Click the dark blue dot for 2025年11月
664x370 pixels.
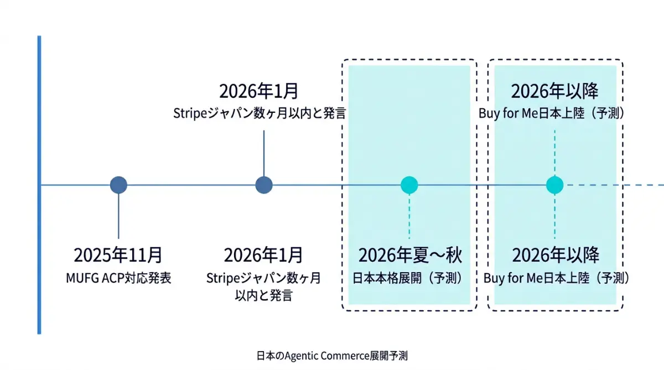click(x=118, y=185)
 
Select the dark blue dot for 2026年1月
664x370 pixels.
click(x=264, y=185)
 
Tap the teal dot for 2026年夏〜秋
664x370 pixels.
click(x=409, y=185)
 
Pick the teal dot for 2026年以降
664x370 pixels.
click(x=554, y=185)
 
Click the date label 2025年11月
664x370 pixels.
click(x=118, y=255)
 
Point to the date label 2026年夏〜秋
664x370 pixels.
click(x=409, y=255)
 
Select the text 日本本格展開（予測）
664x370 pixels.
click(x=409, y=278)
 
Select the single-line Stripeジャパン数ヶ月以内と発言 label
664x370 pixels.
click(x=260, y=113)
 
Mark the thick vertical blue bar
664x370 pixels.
click(x=39, y=185)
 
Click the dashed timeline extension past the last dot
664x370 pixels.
click(x=614, y=185)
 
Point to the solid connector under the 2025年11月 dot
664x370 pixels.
click(x=118, y=216)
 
